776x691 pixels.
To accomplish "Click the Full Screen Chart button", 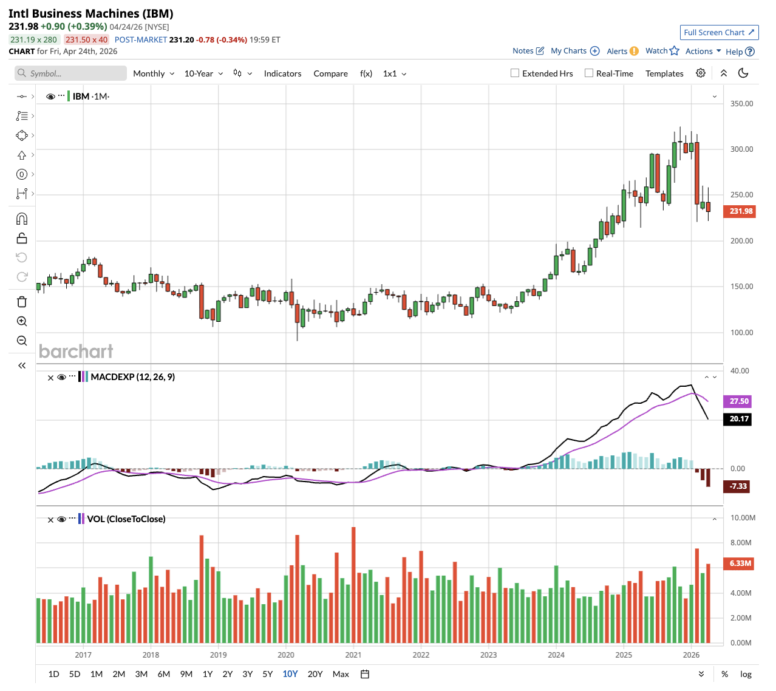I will [719, 32].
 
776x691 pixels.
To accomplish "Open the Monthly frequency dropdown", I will [154, 73].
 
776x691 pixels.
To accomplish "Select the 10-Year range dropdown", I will [203, 73].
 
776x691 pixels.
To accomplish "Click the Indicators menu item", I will [282, 73].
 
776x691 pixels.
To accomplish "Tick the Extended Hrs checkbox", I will [515, 73].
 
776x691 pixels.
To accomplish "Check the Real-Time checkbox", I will [589, 73].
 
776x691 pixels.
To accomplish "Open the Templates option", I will [664, 73].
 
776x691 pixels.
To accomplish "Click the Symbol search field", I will [71, 73].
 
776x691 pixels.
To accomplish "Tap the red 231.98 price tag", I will [740, 211].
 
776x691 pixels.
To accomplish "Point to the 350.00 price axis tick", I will [741, 104].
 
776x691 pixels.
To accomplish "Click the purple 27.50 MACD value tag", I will [738, 401].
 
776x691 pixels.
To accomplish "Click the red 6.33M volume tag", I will [740, 563].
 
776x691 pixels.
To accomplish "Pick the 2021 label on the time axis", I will [353, 655].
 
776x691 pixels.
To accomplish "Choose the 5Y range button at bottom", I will [268, 674].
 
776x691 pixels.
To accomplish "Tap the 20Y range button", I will [315, 674].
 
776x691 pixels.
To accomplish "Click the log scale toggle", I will [746, 674].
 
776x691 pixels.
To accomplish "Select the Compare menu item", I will [330, 73].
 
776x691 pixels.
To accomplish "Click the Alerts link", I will [622, 51].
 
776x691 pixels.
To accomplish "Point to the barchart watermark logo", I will [76, 352].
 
